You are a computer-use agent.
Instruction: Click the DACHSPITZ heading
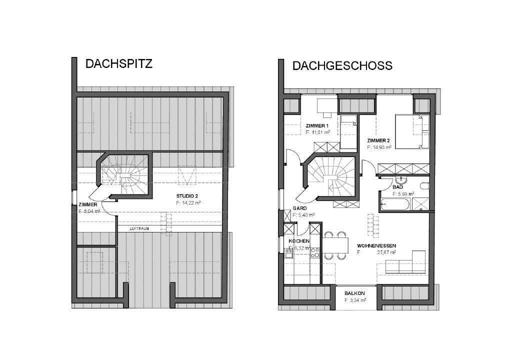click(118, 64)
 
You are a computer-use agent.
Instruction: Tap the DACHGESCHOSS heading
click(342, 65)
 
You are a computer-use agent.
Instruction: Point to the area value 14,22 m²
click(188, 203)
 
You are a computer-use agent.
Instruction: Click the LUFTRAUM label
click(139, 228)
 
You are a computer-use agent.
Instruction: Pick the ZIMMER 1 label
click(317, 125)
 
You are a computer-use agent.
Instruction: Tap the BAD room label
click(398, 186)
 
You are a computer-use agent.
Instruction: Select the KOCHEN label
click(299, 241)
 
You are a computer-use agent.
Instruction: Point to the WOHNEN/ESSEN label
click(376, 246)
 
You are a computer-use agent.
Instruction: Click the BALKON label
click(355, 293)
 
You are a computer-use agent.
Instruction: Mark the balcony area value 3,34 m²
click(355, 300)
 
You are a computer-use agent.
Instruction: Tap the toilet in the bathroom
click(424, 186)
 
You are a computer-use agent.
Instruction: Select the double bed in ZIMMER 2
click(412, 131)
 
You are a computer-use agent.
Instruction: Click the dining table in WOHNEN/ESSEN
click(335, 245)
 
